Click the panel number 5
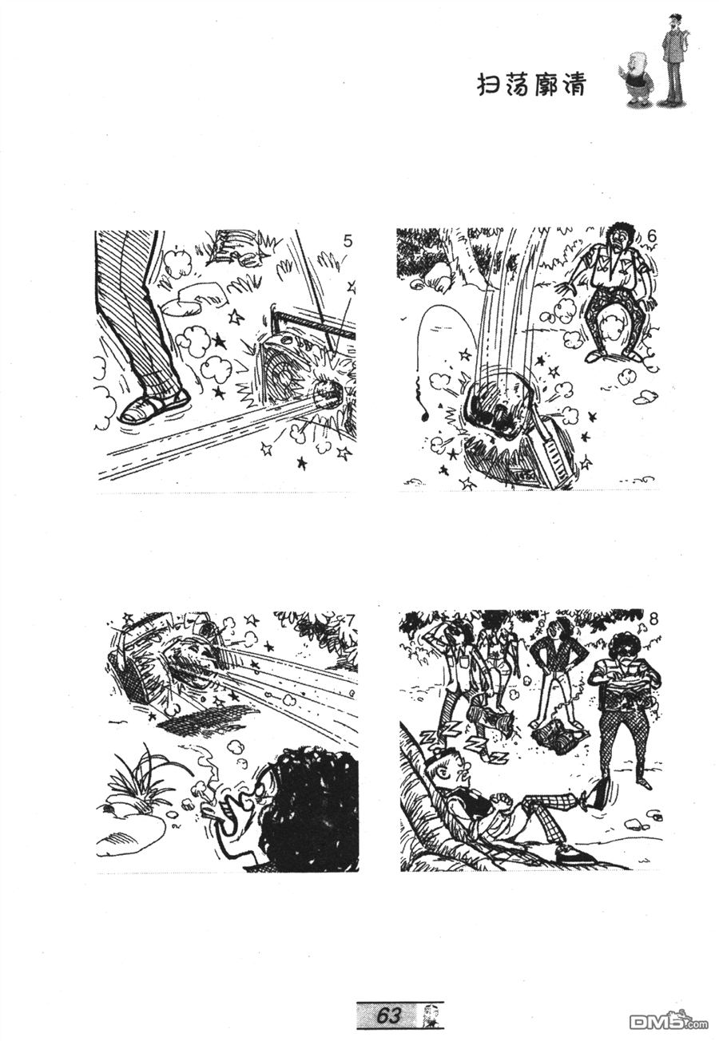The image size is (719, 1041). click(348, 241)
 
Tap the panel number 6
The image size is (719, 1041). click(652, 236)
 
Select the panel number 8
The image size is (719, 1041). click(653, 619)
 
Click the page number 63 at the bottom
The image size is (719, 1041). click(388, 1011)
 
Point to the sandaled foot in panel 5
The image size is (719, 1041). click(154, 407)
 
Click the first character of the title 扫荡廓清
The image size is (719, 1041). click(489, 86)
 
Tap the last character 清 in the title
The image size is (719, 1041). click(574, 85)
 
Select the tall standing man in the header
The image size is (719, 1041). click(674, 60)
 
